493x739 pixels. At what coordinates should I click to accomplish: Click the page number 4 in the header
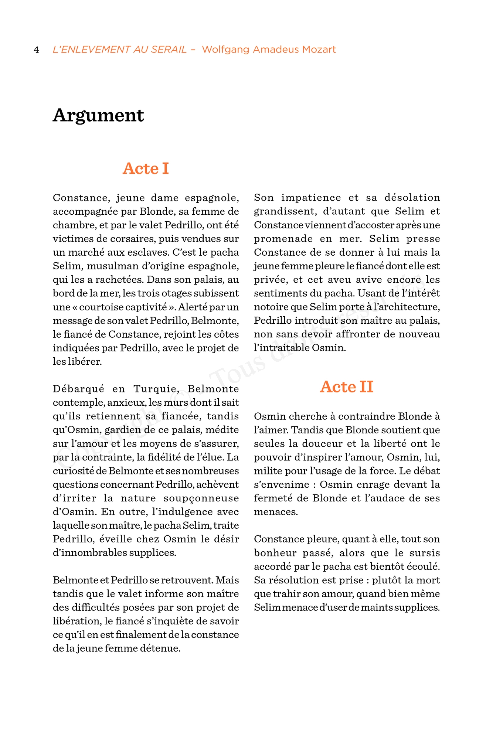(x=36, y=50)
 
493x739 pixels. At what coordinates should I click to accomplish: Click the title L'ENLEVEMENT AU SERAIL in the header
(x=120, y=50)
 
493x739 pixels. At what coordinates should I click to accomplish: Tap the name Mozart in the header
(x=319, y=50)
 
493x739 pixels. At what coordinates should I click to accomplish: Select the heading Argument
(x=98, y=115)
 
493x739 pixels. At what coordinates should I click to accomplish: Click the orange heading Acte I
(x=146, y=168)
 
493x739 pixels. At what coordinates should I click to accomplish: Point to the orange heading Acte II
(x=347, y=387)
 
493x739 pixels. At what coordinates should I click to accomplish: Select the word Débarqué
(x=78, y=389)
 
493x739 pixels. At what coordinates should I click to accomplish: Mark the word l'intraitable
(x=282, y=348)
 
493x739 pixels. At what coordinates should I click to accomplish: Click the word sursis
(x=425, y=553)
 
